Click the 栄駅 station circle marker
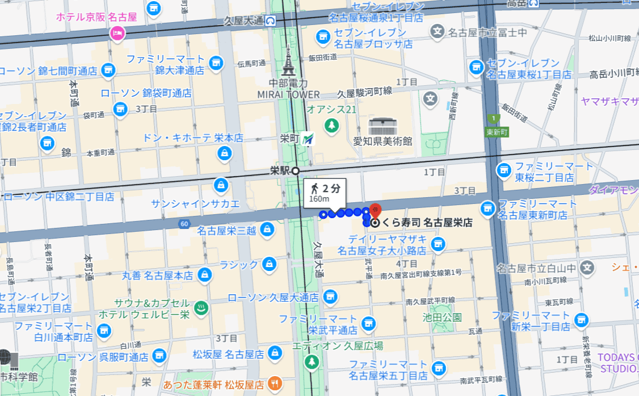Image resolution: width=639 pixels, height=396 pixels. [x=295, y=170]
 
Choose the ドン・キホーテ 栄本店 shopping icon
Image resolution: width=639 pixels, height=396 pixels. [x=225, y=153]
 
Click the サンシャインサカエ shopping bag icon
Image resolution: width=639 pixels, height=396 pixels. [x=220, y=185]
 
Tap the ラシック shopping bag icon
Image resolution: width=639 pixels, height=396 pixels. [x=268, y=265]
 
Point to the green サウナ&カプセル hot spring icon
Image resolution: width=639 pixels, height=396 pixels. [x=200, y=309]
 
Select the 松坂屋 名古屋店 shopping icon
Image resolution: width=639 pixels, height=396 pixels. [x=275, y=353]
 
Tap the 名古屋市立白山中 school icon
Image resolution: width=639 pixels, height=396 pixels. [x=587, y=267]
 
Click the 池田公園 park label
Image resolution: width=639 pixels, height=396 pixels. [x=442, y=317]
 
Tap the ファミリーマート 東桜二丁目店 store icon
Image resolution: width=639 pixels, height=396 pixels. [x=503, y=169]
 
